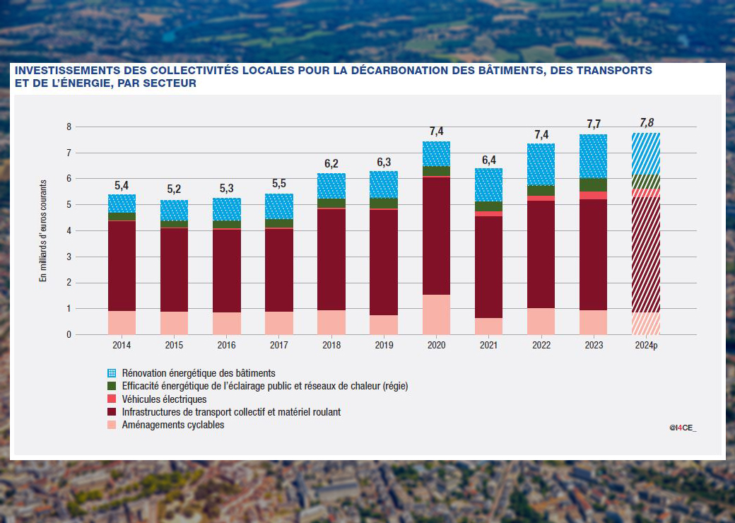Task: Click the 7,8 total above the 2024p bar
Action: (x=646, y=122)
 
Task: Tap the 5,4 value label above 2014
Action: (x=122, y=185)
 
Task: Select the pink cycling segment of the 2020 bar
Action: (x=436, y=315)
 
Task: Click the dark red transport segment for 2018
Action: (x=331, y=259)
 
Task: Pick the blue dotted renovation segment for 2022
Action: (x=541, y=164)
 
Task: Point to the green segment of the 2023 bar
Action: (x=593, y=184)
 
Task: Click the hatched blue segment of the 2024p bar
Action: (x=646, y=153)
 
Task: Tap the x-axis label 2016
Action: (x=226, y=346)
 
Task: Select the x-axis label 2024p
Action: (x=646, y=346)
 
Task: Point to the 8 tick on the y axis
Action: (x=69, y=127)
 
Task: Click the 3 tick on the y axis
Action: (x=69, y=257)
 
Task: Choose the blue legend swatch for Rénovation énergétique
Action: (x=110, y=372)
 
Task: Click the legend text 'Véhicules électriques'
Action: (x=164, y=399)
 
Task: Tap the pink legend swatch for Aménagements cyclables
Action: (x=110, y=425)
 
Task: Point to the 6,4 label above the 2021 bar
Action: (x=488, y=160)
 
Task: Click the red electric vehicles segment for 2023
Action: (x=593, y=196)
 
